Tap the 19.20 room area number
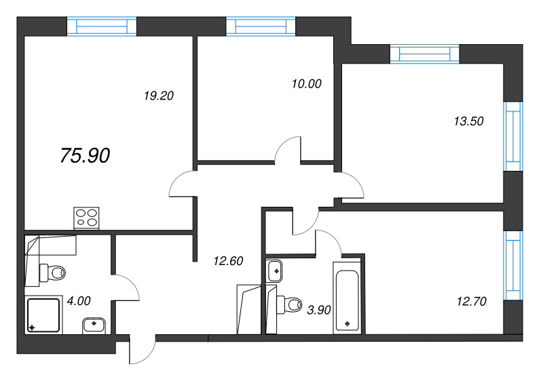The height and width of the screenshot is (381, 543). pyautogui.click(x=159, y=96)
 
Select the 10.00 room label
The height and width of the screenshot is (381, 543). pyautogui.click(x=305, y=84)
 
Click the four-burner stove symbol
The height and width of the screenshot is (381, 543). pyautogui.click(x=86, y=218)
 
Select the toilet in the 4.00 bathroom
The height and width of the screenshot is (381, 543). pyautogui.click(x=53, y=273)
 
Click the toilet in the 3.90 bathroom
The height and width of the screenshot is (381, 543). pyautogui.click(x=291, y=305)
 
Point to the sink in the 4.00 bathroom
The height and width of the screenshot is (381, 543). pyautogui.click(x=93, y=325)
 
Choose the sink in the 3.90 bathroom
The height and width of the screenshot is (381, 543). pyautogui.click(x=276, y=270)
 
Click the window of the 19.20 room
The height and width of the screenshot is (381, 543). pyautogui.click(x=102, y=26)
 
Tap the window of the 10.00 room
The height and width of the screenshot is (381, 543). pyautogui.click(x=261, y=26)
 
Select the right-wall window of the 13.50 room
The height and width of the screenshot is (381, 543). pyautogui.click(x=513, y=136)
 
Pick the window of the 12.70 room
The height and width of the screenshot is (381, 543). pyautogui.click(x=513, y=265)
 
